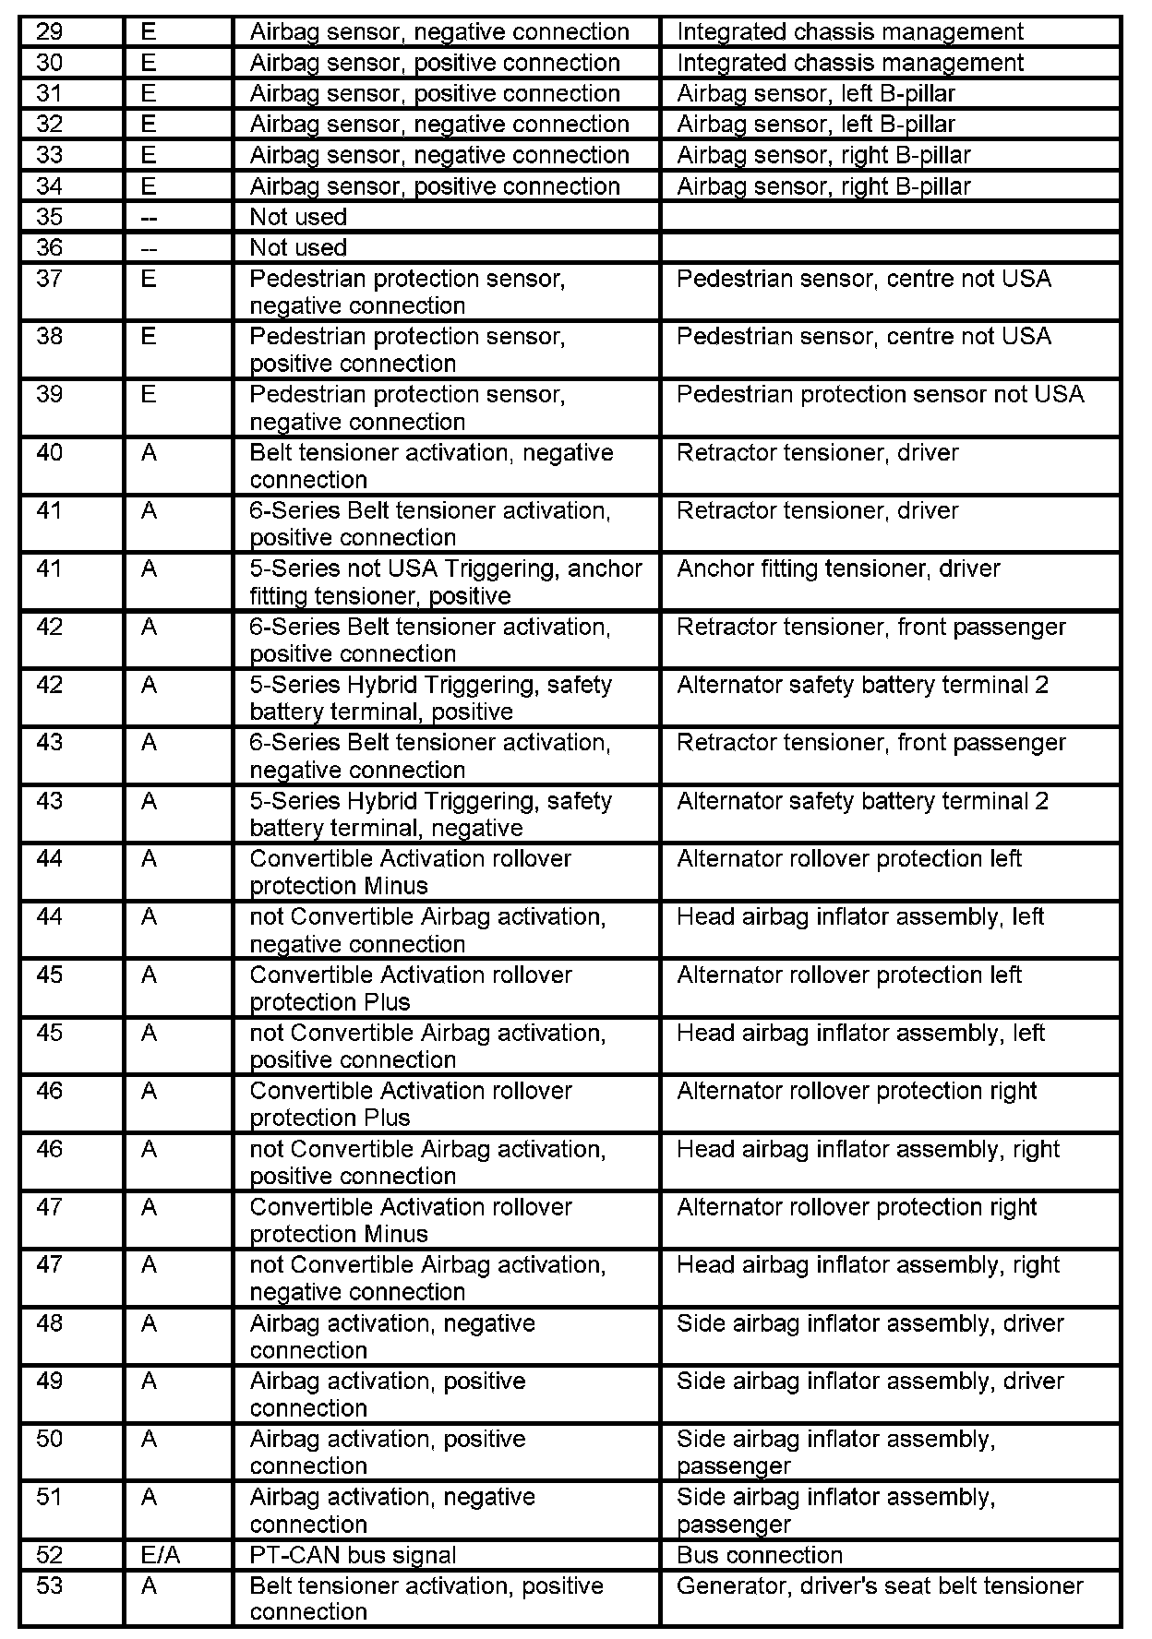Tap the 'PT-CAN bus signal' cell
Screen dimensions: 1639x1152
pos(353,1555)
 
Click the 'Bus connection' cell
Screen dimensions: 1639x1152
pos(759,1555)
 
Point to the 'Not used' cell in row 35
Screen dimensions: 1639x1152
pos(298,217)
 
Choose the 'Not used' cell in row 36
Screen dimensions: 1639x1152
pos(298,247)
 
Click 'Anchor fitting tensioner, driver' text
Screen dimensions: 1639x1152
pos(838,568)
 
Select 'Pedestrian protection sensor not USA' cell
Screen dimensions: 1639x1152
pos(880,394)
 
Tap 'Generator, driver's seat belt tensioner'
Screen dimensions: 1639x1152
pos(880,1585)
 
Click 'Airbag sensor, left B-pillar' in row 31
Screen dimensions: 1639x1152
pos(816,93)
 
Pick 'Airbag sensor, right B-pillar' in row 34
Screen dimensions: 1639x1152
pos(823,186)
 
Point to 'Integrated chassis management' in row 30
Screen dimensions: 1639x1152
pos(850,63)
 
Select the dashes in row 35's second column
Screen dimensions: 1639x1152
pos(149,217)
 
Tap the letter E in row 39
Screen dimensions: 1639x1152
pos(149,394)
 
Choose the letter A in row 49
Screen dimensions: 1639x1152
pos(149,1382)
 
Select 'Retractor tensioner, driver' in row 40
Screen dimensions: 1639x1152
pos(817,452)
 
